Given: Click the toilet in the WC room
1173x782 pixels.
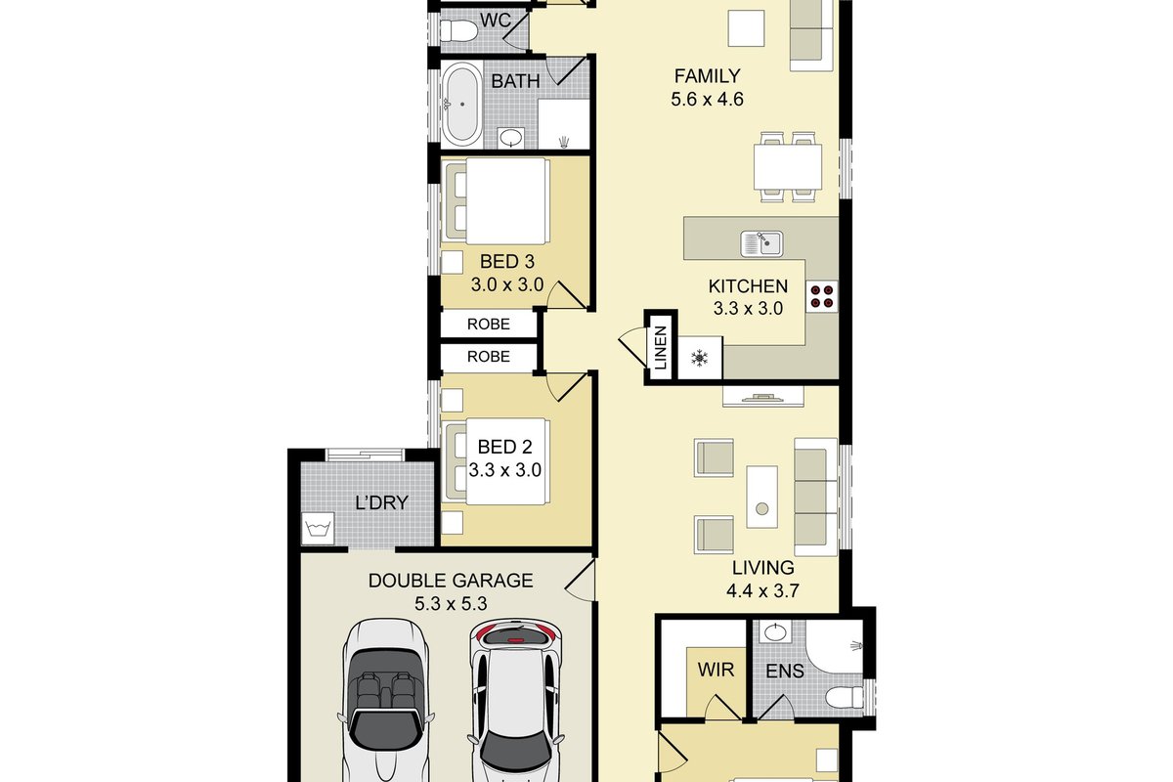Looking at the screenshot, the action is (458, 31).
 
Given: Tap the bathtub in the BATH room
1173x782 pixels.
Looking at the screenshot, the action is (461, 104).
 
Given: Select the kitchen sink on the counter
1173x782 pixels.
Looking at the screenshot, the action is (761, 244).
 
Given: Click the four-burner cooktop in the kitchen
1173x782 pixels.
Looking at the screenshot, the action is (822, 296).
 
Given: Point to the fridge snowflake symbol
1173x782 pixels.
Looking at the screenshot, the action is (699, 359).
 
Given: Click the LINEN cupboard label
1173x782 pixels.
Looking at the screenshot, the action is (661, 348).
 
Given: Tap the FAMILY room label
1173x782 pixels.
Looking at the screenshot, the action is (707, 76).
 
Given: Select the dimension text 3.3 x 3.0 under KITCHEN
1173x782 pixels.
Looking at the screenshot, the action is (748, 309).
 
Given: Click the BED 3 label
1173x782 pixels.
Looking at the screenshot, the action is (507, 261).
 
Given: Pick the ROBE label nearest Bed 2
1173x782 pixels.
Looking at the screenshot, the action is (488, 357).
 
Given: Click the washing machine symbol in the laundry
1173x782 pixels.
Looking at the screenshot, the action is (318, 529).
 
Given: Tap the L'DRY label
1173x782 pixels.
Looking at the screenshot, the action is (381, 502).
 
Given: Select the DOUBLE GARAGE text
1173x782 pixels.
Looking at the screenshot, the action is (451, 581).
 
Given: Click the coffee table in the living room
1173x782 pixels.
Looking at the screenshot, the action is (761, 497).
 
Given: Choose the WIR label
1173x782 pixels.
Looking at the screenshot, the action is (716, 670).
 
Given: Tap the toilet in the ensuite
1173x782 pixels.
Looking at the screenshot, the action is (845, 698).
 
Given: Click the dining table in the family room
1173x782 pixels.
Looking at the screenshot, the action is (788, 167).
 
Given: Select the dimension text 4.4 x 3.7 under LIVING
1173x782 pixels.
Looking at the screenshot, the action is (762, 590).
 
